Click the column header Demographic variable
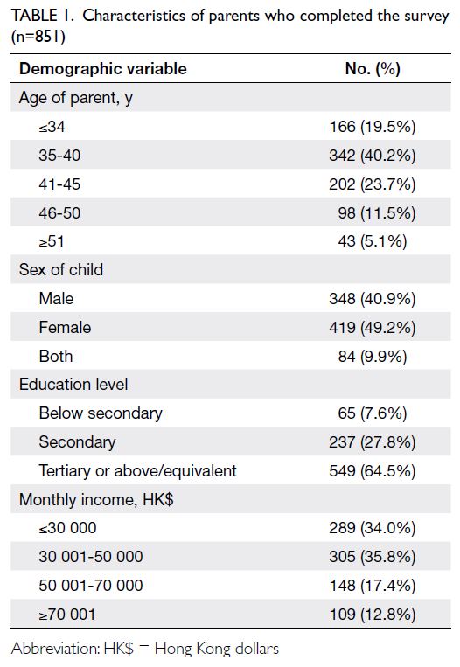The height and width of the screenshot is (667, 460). [x=103, y=68]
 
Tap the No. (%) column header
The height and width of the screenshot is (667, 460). [x=373, y=68]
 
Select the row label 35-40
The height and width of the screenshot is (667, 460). [x=59, y=156]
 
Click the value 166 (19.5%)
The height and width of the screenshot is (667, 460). [x=373, y=127]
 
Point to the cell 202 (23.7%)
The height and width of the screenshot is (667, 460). [x=373, y=184]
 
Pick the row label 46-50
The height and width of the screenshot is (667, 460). [x=59, y=212]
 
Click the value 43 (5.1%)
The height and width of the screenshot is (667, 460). [x=373, y=241]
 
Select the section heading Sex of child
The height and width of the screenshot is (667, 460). [x=61, y=270]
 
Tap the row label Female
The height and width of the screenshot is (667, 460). [x=65, y=327]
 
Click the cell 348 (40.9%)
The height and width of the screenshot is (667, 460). [x=373, y=299]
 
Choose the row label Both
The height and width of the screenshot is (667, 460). [x=56, y=356]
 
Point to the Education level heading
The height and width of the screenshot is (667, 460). [x=73, y=384]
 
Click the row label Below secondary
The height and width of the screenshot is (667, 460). [x=101, y=413]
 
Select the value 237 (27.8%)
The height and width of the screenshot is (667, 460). [x=373, y=442]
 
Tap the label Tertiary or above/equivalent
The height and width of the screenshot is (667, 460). [x=137, y=471]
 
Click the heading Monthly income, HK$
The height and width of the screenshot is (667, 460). [x=96, y=499]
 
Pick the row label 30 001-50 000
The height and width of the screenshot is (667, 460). [x=91, y=556]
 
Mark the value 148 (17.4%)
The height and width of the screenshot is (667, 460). [x=373, y=586]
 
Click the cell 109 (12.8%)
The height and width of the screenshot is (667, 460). [x=373, y=615]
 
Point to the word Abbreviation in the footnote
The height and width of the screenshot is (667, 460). [x=56, y=649]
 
